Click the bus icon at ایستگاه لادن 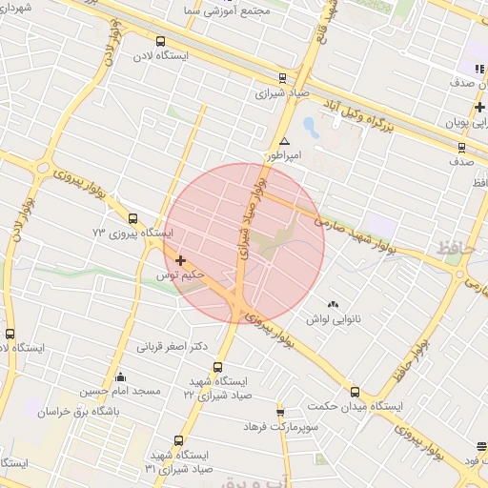tap(160, 42)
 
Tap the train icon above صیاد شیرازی tap(281, 79)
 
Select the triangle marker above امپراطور tap(283, 140)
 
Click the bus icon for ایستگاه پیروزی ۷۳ tap(132, 217)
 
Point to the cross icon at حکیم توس tap(180, 259)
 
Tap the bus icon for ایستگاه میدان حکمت tap(355, 391)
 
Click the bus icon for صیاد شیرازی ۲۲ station tap(217, 367)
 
